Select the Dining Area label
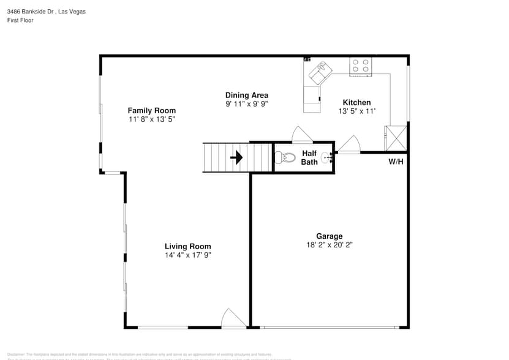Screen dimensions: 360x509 click(246, 95)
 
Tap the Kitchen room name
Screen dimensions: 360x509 click(356, 102)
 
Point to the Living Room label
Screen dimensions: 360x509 click(187, 246)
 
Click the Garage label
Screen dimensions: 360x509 click(329, 236)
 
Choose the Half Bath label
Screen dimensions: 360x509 click(309, 157)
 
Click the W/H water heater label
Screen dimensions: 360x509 click(396, 162)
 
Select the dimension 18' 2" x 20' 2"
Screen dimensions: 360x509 click(330, 245)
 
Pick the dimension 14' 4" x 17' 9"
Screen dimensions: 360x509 click(188, 255)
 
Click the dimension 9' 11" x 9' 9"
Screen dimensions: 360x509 click(247, 103)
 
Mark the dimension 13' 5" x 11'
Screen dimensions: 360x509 click(356, 111)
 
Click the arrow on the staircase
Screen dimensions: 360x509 click(236, 158)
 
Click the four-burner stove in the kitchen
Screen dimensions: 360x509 click(360, 66)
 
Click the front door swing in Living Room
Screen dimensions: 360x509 click(233, 318)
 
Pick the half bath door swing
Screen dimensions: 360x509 click(302, 135)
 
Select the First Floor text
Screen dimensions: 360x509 click(20, 20)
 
